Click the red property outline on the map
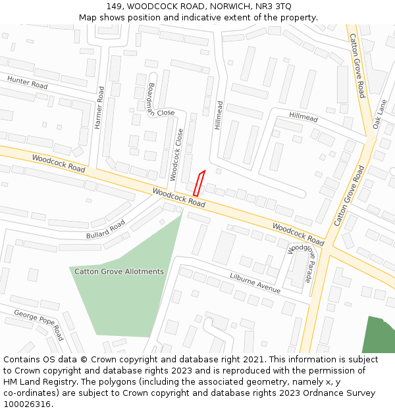[199, 182]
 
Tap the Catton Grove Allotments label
[118, 272]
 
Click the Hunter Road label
[28, 83]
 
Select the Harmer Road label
[99, 108]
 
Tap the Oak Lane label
[379, 114]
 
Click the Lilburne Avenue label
[255, 283]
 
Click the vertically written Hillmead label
[219, 115]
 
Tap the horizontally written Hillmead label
[303, 117]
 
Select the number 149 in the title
[113, 6]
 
